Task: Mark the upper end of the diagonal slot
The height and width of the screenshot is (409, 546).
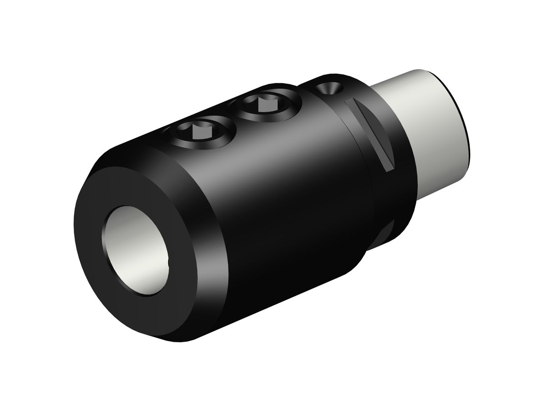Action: [x=349, y=104]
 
